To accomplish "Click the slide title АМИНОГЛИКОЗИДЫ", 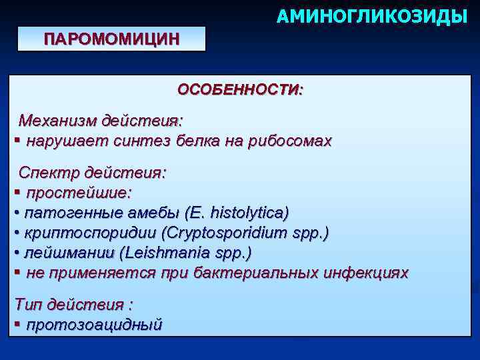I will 371,15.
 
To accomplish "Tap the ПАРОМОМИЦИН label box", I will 111,39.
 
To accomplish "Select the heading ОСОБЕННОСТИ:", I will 239,90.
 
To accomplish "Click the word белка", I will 197,141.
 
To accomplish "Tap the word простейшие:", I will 79,193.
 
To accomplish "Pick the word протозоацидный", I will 93,325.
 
